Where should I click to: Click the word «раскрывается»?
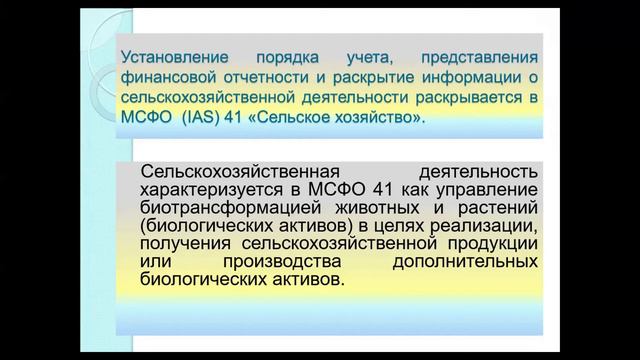[476, 98]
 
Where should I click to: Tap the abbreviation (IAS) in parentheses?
[208, 119]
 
